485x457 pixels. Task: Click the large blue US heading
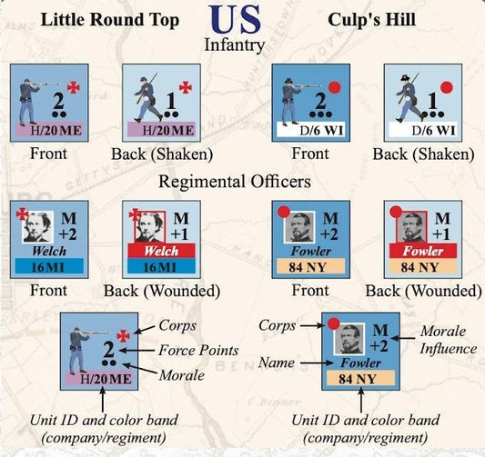(235, 19)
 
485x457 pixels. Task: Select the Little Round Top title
(110, 20)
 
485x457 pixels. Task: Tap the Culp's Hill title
(371, 20)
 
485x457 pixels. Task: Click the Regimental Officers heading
(235, 182)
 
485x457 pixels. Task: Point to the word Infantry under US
(235, 45)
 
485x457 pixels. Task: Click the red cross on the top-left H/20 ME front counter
(74, 88)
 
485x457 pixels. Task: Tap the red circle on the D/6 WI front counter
(335, 87)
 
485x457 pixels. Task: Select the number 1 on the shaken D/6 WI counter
(432, 101)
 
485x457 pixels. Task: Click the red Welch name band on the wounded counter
(161, 251)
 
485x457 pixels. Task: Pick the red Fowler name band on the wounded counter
(423, 251)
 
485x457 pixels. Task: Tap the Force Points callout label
(198, 351)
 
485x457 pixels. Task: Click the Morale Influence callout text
(448, 340)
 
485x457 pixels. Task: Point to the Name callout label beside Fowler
(277, 363)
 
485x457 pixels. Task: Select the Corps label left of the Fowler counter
(277, 325)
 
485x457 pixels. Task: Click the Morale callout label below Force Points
(182, 375)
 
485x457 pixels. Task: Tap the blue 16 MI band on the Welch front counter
(49, 266)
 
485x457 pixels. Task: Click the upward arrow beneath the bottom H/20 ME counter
(103, 400)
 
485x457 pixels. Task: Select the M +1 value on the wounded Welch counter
(181, 226)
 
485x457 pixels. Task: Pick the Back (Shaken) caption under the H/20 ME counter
(162, 154)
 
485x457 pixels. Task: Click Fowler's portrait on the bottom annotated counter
(349, 339)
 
